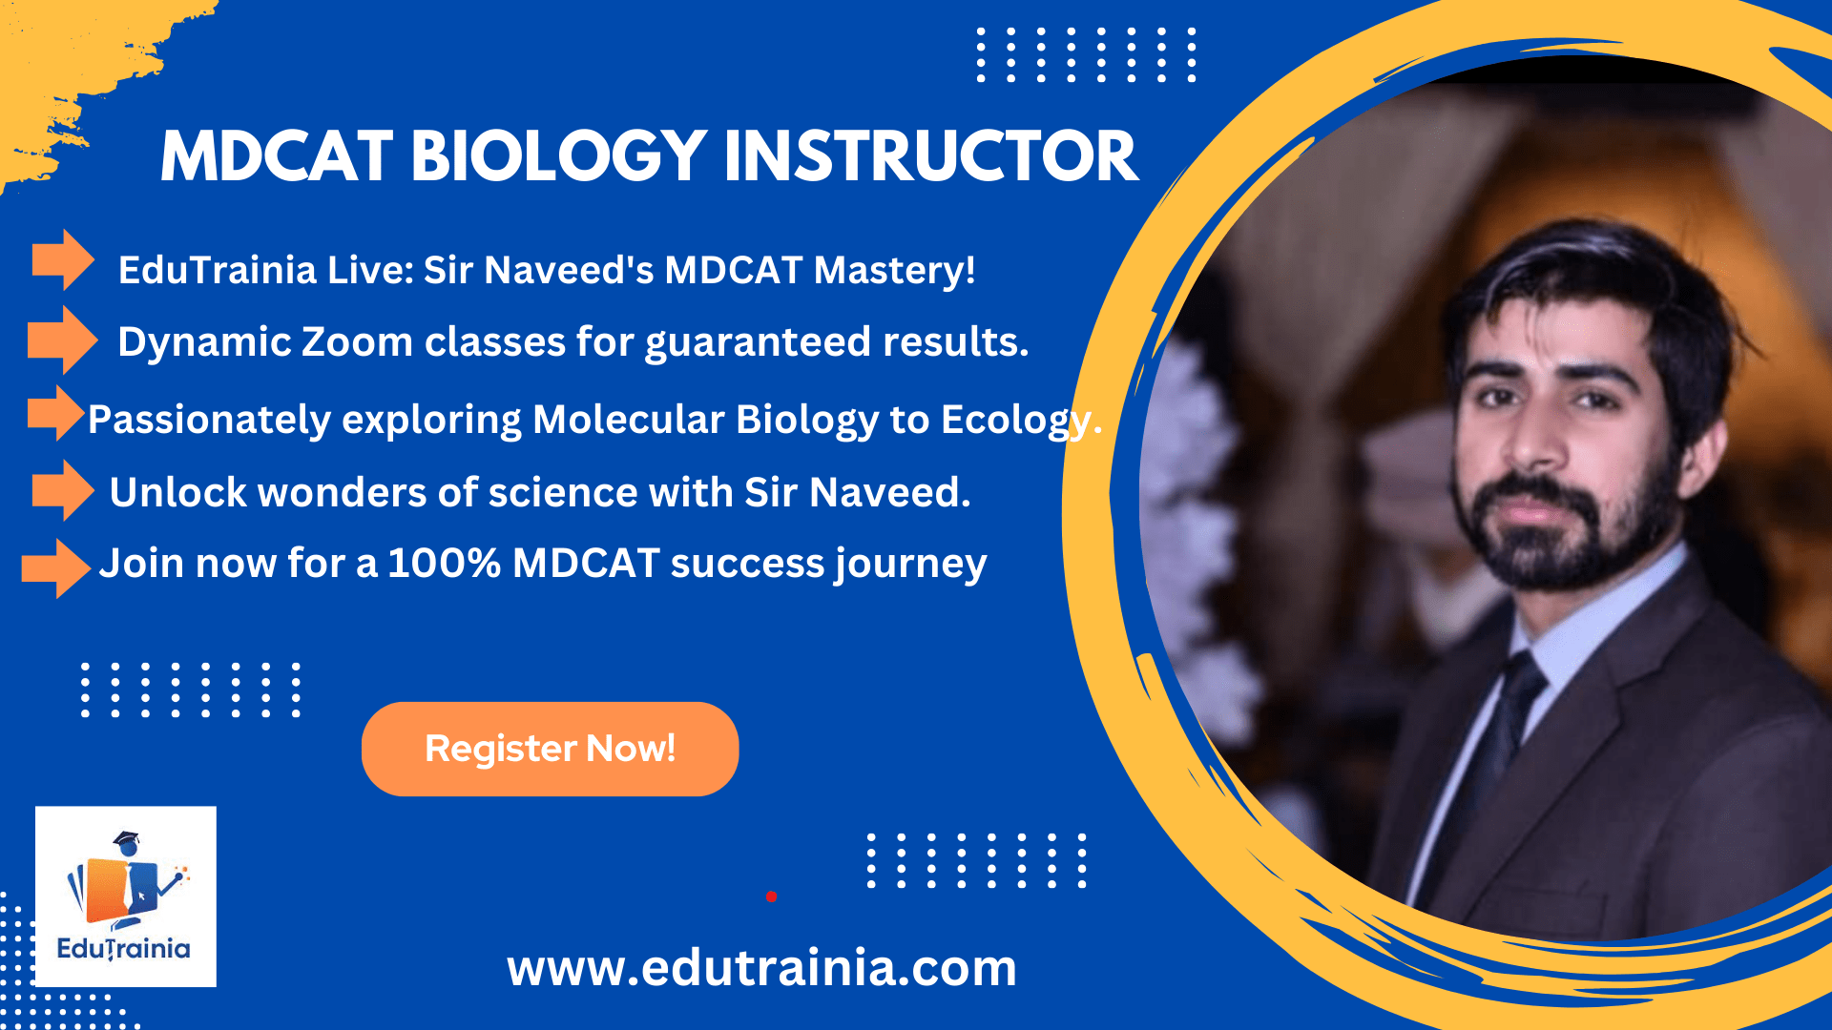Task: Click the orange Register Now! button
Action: (x=550, y=749)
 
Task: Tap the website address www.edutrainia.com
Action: (x=761, y=968)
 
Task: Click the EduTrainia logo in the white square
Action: (x=125, y=896)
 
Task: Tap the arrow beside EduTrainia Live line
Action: (x=63, y=259)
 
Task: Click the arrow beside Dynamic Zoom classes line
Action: (x=63, y=340)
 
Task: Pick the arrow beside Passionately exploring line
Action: (x=56, y=413)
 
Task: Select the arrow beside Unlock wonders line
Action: (x=63, y=490)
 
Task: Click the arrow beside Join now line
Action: (x=56, y=568)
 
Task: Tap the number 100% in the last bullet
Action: (x=444, y=563)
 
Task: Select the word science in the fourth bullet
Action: (x=563, y=493)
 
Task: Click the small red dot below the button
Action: (x=771, y=896)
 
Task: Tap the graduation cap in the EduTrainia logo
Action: (x=126, y=842)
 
